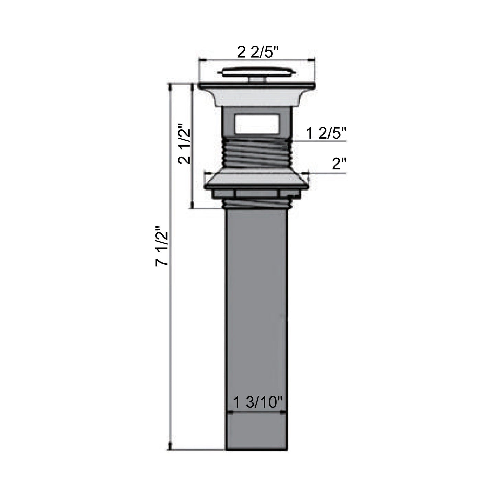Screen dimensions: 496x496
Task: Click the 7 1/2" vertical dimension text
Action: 162,245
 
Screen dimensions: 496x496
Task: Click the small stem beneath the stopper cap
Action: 257,80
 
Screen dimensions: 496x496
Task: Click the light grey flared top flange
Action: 257,96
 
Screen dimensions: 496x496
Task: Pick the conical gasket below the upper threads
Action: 257,178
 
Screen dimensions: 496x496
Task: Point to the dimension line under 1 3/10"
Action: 257,414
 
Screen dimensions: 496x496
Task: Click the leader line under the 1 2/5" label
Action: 321,141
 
